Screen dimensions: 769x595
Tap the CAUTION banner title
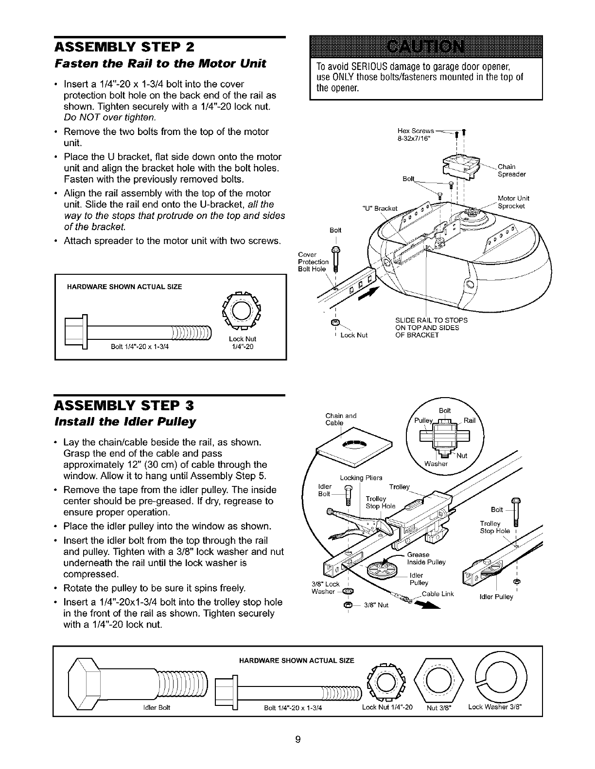tap(426, 49)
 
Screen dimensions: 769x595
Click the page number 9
tap(298, 740)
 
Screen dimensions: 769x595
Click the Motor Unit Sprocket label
tap(513, 202)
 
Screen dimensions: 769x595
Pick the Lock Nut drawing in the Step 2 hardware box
tap(241, 311)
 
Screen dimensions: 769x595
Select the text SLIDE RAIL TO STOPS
tap(432, 320)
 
